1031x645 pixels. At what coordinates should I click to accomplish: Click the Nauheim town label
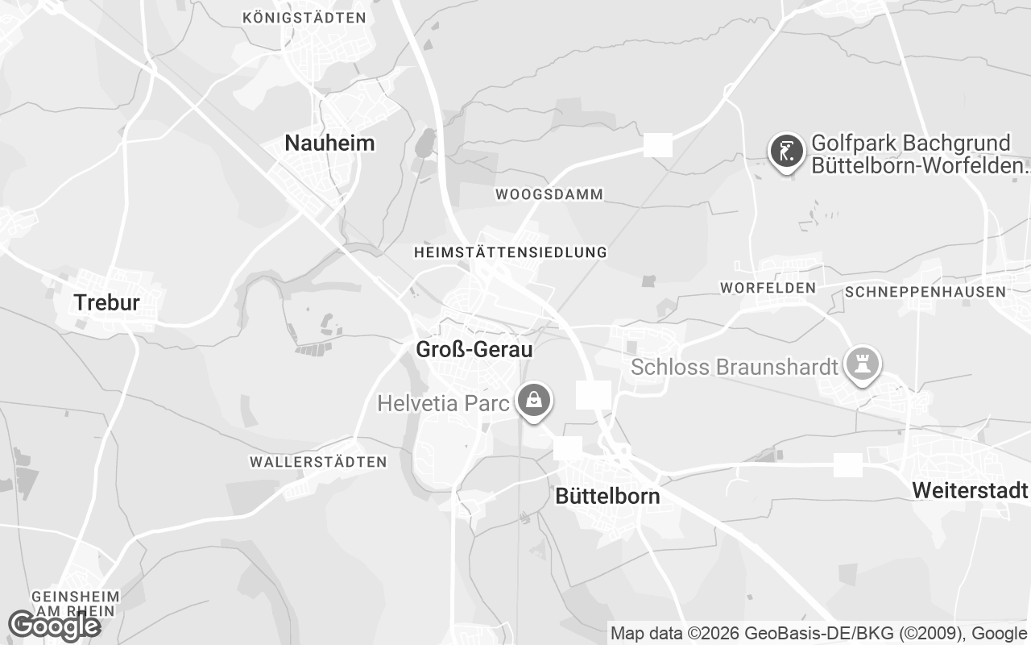(x=329, y=144)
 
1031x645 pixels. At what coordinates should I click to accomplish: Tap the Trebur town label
(x=106, y=303)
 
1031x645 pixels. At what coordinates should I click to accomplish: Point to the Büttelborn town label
(x=607, y=496)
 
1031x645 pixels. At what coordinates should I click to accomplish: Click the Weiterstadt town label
(x=970, y=490)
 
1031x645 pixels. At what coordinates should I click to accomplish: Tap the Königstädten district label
(x=304, y=17)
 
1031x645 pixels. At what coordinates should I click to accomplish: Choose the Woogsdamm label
(x=549, y=194)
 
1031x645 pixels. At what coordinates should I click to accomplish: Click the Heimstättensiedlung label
(x=510, y=252)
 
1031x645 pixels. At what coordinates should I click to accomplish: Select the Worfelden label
(x=768, y=288)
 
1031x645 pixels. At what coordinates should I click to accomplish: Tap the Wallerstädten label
(x=318, y=462)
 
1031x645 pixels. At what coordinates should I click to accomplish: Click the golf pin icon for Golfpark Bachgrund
(x=786, y=151)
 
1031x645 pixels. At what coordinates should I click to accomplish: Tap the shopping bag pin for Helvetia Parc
(x=532, y=400)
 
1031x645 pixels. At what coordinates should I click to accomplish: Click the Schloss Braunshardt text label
(x=735, y=368)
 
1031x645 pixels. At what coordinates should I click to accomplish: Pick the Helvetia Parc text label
(x=443, y=402)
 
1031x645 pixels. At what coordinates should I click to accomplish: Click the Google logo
(x=53, y=625)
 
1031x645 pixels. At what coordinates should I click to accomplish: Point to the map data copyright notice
(x=818, y=633)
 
